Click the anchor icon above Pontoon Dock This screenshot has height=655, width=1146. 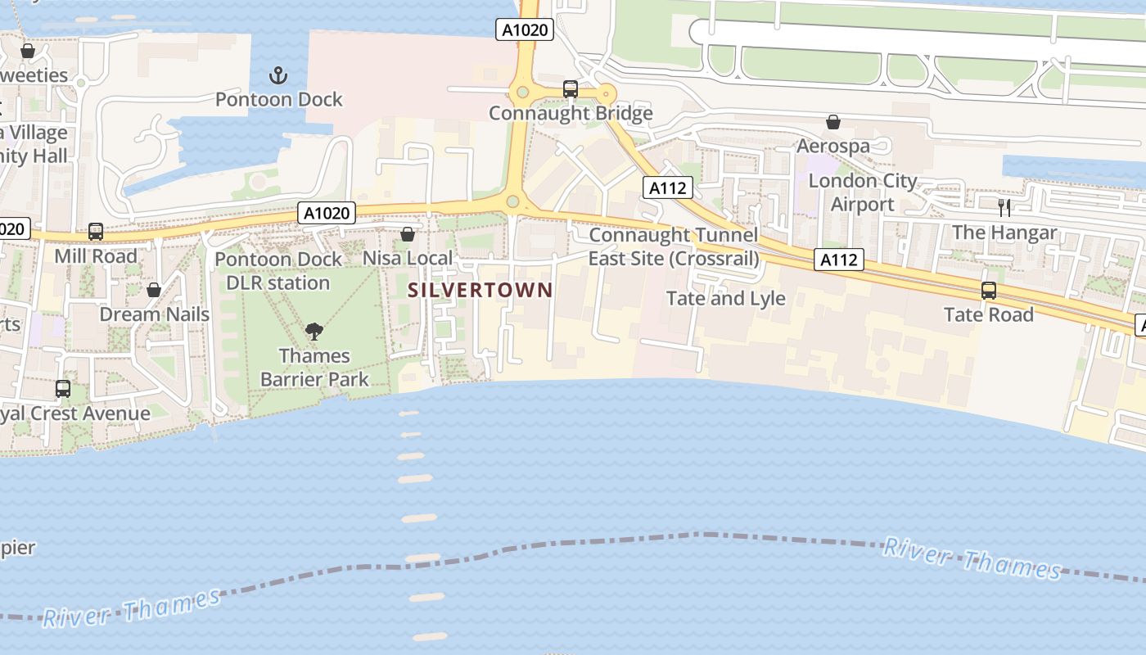pyautogui.click(x=279, y=76)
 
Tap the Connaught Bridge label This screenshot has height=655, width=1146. pyautogui.click(x=571, y=113)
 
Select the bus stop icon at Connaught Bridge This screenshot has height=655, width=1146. pyautogui.click(x=571, y=89)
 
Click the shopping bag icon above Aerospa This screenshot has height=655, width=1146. pyautogui.click(x=833, y=123)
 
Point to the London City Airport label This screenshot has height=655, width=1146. pyautogui.click(x=863, y=192)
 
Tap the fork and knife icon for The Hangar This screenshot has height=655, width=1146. pyautogui.click(x=1004, y=208)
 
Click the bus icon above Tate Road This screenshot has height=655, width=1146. pyautogui.click(x=989, y=291)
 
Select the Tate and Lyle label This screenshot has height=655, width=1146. pyautogui.click(x=726, y=298)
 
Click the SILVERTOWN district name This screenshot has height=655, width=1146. pyautogui.click(x=481, y=290)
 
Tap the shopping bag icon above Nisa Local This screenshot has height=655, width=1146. pyautogui.click(x=408, y=235)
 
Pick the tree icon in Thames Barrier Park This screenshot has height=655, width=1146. pyautogui.click(x=314, y=332)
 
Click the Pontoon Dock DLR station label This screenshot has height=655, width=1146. pyautogui.click(x=278, y=271)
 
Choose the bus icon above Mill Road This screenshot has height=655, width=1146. pyautogui.click(x=96, y=232)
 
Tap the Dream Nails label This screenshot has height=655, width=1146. pyautogui.click(x=154, y=314)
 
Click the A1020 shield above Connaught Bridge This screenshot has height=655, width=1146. pyautogui.click(x=525, y=30)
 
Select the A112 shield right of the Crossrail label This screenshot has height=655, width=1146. pyautogui.click(x=840, y=260)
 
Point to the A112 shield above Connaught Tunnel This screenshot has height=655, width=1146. pyautogui.click(x=667, y=187)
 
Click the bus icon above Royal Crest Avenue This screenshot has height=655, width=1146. pyautogui.click(x=63, y=389)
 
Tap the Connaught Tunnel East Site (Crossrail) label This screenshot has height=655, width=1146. pyautogui.click(x=674, y=246)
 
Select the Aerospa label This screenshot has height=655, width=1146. pyautogui.click(x=833, y=147)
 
